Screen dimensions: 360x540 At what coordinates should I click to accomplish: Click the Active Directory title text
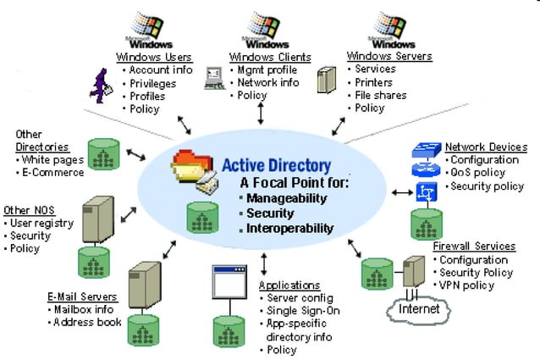pyautogui.click(x=276, y=165)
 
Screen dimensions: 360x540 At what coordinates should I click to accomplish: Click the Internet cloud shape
pyautogui.click(x=418, y=309)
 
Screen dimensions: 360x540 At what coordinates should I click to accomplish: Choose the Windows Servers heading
pyautogui.click(x=389, y=57)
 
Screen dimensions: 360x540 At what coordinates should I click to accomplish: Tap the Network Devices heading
pyautogui.click(x=486, y=147)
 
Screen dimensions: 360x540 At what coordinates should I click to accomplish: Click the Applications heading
pyautogui.click(x=289, y=285)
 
